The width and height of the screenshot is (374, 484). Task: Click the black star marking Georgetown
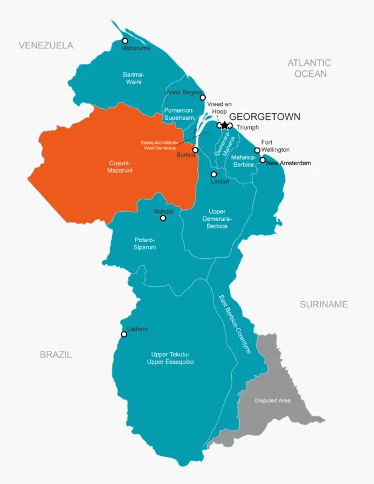tap(225, 125)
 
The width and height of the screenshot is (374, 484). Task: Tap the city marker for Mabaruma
tap(125, 41)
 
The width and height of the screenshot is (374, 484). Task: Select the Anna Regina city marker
tap(203, 97)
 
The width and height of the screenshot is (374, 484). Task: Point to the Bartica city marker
tap(195, 149)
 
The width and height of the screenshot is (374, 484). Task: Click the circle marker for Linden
tap(214, 174)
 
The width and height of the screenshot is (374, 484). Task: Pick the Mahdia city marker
tap(163, 218)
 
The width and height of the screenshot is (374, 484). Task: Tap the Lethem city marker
tap(124, 334)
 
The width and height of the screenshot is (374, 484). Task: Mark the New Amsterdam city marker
tap(263, 160)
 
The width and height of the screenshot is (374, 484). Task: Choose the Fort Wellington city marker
tap(257, 150)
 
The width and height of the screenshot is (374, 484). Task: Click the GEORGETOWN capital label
tap(264, 117)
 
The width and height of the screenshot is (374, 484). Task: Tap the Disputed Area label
tap(272, 401)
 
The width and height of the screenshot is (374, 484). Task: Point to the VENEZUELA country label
tap(46, 45)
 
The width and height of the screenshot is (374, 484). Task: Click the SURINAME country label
tap(324, 304)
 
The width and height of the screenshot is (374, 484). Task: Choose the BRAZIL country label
tap(56, 355)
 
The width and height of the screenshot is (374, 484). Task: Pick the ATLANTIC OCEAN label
tap(309, 68)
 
